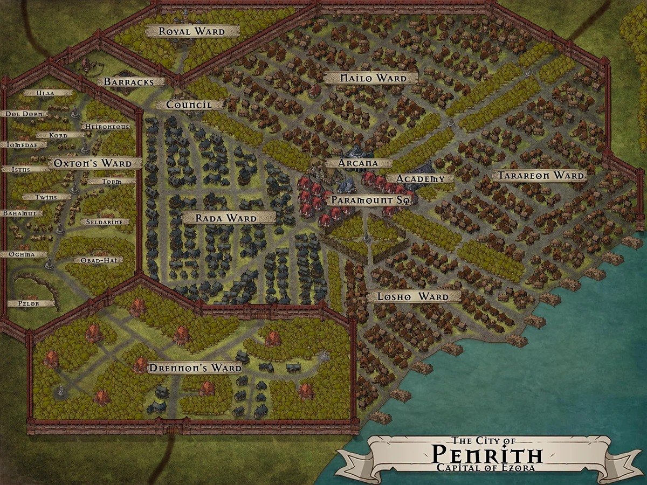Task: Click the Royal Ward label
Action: (x=192, y=32)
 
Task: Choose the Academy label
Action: (x=421, y=178)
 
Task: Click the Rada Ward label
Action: (x=226, y=218)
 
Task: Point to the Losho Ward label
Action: (x=414, y=296)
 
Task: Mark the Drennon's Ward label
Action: (x=195, y=368)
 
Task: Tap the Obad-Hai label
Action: (x=98, y=260)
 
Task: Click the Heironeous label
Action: (x=106, y=126)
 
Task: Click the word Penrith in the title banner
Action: (x=487, y=454)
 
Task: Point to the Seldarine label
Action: (x=105, y=221)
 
